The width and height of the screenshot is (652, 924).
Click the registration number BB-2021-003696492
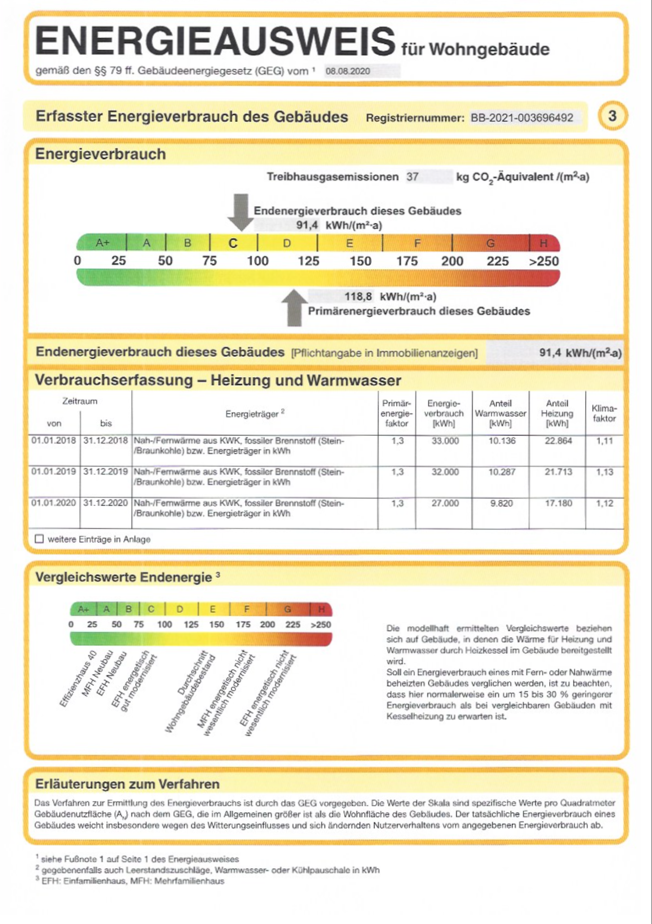click(x=522, y=118)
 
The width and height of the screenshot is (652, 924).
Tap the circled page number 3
click(x=612, y=116)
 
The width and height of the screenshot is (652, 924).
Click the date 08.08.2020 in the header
click(x=348, y=71)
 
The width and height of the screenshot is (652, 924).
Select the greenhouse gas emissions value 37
click(x=413, y=177)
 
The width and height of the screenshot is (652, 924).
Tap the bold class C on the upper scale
click(x=233, y=243)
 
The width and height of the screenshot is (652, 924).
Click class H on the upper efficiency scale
click(x=543, y=243)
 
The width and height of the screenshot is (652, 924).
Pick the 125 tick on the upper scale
click(x=308, y=261)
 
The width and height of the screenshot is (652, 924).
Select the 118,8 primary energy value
click(x=358, y=297)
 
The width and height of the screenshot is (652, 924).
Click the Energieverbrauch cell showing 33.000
click(x=445, y=441)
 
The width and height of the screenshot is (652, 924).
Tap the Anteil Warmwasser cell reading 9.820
click(x=501, y=503)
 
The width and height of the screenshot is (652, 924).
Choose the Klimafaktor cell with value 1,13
click(x=604, y=472)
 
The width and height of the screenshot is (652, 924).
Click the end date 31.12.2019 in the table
click(x=106, y=472)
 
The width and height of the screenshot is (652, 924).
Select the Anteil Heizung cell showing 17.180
click(x=558, y=503)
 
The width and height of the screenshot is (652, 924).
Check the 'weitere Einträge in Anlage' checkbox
click(x=40, y=539)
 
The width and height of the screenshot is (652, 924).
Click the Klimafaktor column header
click(x=604, y=413)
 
